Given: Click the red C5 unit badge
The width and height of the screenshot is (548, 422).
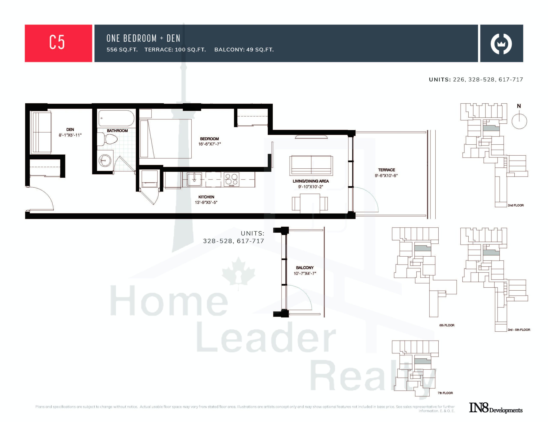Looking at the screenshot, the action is point(58,43).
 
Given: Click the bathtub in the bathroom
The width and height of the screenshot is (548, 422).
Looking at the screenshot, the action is point(116,118).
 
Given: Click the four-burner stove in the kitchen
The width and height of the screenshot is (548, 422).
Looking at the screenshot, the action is point(231,179).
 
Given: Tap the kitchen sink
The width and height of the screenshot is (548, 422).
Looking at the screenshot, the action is point(194,179).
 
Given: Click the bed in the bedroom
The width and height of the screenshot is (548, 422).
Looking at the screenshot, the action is point(166,139).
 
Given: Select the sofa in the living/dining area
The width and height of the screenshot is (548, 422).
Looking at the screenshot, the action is point(311,165).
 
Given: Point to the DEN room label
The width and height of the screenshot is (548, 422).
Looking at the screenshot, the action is point(70,129).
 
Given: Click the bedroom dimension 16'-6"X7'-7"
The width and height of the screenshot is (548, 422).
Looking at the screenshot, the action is point(210,144).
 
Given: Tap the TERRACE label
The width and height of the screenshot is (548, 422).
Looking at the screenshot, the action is point(386,170).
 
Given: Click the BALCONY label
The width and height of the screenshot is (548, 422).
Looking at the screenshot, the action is point(305,268).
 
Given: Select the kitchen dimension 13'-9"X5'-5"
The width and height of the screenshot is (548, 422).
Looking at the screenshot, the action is point(206,202).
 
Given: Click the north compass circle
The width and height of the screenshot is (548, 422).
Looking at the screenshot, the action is point(519,121).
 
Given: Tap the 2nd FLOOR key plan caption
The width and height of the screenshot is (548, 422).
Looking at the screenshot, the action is point(516,205).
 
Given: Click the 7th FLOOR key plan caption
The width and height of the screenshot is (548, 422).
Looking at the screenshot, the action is point(445,393).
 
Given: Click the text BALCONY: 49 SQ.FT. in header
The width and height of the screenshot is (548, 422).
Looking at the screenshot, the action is point(244,50).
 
